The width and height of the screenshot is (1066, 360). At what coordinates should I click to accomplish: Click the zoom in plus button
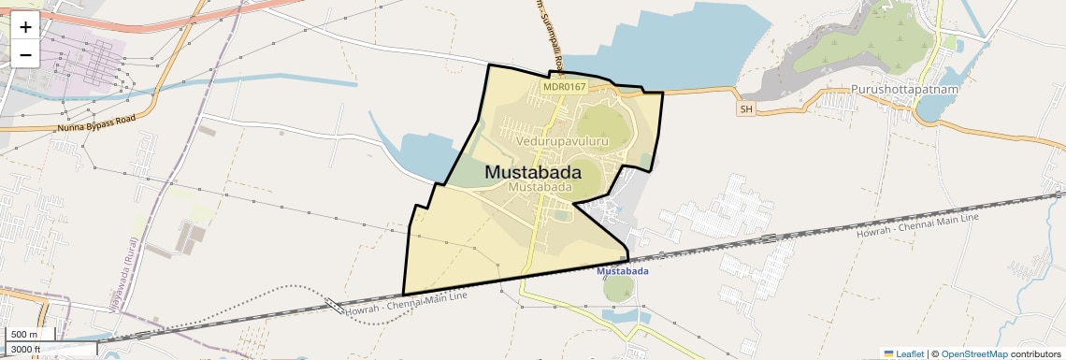[25, 26]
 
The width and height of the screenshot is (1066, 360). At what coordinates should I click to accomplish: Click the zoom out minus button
[25, 54]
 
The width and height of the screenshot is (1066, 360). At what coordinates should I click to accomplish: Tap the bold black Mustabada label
[533, 172]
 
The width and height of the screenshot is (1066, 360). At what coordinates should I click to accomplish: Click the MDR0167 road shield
[564, 87]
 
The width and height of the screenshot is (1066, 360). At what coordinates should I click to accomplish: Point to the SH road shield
[745, 109]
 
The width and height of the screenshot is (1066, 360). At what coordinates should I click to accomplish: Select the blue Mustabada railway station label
[623, 271]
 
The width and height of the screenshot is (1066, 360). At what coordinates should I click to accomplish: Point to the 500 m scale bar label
[24, 335]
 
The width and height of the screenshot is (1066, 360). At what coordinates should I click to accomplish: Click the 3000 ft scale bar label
[25, 349]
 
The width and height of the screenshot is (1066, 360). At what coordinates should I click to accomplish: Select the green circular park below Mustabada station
[618, 289]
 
